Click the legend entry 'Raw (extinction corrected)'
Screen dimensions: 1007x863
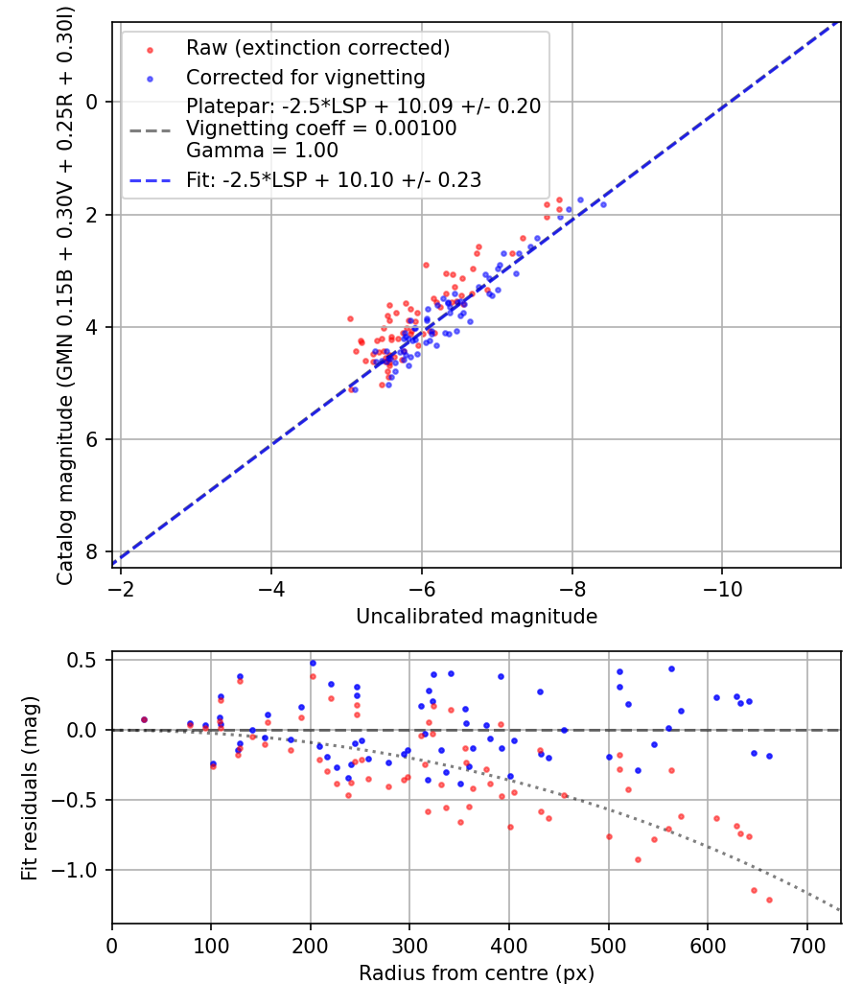(317, 48)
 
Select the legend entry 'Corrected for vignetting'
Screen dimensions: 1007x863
(305, 77)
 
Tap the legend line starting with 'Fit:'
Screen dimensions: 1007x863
(333, 179)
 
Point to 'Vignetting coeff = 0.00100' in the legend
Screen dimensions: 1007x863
(321, 129)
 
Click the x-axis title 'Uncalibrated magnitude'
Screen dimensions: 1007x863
(477, 617)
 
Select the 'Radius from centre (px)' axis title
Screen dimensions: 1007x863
(477, 973)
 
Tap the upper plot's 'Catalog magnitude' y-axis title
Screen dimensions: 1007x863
(65, 293)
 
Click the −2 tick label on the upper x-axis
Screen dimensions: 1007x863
(121, 588)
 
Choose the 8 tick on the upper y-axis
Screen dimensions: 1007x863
(94, 552)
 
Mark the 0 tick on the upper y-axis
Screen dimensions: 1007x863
(94, 102)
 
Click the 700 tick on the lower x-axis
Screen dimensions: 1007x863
(807, 945)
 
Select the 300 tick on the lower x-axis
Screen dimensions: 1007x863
(409, 945)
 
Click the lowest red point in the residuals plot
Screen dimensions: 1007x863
(769, 900)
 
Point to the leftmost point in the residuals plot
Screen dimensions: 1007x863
(144, 719)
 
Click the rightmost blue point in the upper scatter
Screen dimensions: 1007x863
(602, 204)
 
